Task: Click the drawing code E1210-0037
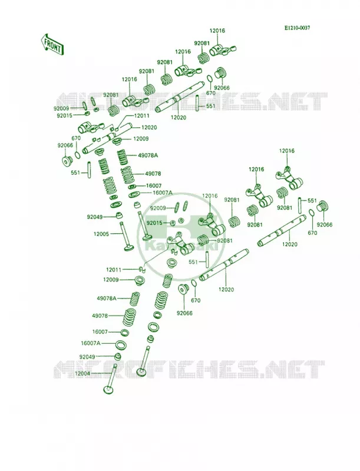(x=297, y=28)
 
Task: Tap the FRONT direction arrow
(x=52, y=44)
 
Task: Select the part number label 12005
(x=101, y=233)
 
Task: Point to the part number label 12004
(x=82, y=373)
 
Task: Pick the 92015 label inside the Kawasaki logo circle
(x=154, y=223)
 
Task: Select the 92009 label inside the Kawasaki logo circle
(x=158, y=208)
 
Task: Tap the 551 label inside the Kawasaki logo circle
(x=193, y=262)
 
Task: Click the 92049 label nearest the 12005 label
(x=95, y=217)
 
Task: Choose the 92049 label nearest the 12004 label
(x=87, y=357)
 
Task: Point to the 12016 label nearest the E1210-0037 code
(x=217, y=31)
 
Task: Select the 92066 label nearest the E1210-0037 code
(x=222, y=88)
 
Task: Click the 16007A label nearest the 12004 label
(x=91, y=343)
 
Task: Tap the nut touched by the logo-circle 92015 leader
(x=173, y=223)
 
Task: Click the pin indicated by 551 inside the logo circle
(x=207, y=258)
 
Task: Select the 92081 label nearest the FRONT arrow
(x=111, y=95)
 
